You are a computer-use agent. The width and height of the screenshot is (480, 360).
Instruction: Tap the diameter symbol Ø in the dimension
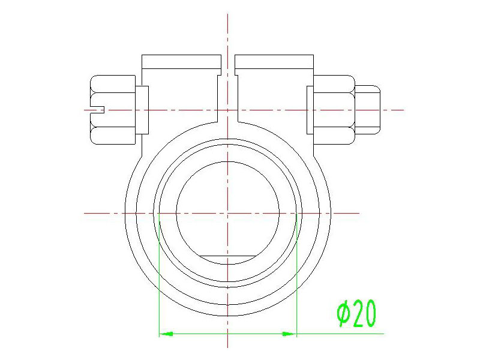(x=343, y=314)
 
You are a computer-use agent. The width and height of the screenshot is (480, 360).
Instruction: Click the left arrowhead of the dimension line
(x=165, y=333)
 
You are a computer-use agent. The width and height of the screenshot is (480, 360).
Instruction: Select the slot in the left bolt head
(x=98, y=110)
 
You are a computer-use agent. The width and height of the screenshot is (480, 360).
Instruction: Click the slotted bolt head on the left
(x=112, y=110)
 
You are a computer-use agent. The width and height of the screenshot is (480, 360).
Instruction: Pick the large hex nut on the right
(x=334, y=110)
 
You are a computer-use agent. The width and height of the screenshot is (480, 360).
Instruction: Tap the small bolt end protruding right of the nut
(x=368, y=110)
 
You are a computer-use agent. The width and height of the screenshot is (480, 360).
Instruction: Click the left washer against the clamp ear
(x=143, y=110)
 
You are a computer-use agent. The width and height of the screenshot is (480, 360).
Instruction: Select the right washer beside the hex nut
(x=310, y=110)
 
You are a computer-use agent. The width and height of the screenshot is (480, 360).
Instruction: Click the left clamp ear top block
(x=181, y=62)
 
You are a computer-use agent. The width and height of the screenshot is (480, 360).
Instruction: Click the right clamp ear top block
(x=274, y=62)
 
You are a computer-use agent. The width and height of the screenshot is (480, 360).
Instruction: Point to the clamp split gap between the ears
(x=228, y=90)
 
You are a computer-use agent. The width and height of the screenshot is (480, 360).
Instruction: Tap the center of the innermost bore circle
(x=228, y=213)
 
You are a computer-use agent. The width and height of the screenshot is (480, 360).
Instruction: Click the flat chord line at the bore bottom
(x=228, y=256)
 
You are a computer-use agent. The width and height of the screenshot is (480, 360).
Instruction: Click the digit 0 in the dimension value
(x=370, y=314)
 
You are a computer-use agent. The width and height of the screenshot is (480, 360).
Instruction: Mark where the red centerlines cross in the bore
(x=228, y=213)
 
